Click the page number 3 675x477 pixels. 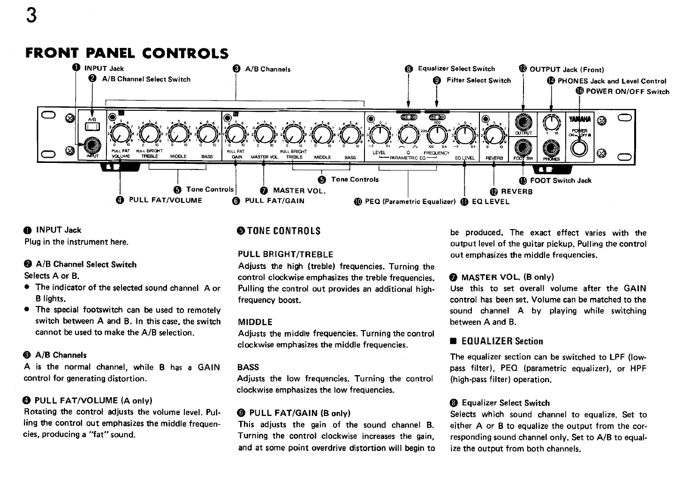[x=31, y=16]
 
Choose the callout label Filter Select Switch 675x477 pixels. [x=478, y=80]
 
